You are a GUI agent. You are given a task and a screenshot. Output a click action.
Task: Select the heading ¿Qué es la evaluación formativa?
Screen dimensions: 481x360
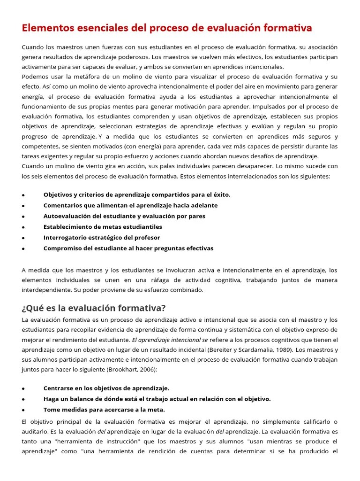tap(94, 308)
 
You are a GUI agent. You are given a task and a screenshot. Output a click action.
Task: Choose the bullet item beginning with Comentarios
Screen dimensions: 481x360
tap(130, 205)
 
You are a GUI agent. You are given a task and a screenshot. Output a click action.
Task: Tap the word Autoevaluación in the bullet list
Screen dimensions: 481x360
tap(68, 216)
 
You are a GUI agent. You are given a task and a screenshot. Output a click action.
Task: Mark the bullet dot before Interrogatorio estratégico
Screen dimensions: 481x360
tap(23, 238)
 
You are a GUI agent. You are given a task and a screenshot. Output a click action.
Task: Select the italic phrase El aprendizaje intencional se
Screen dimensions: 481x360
tap(170, 340)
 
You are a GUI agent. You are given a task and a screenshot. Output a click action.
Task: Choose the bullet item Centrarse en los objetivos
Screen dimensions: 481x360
tap(106, 388)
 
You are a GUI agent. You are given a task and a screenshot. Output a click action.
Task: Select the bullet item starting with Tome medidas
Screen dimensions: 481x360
tap(104, 410)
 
